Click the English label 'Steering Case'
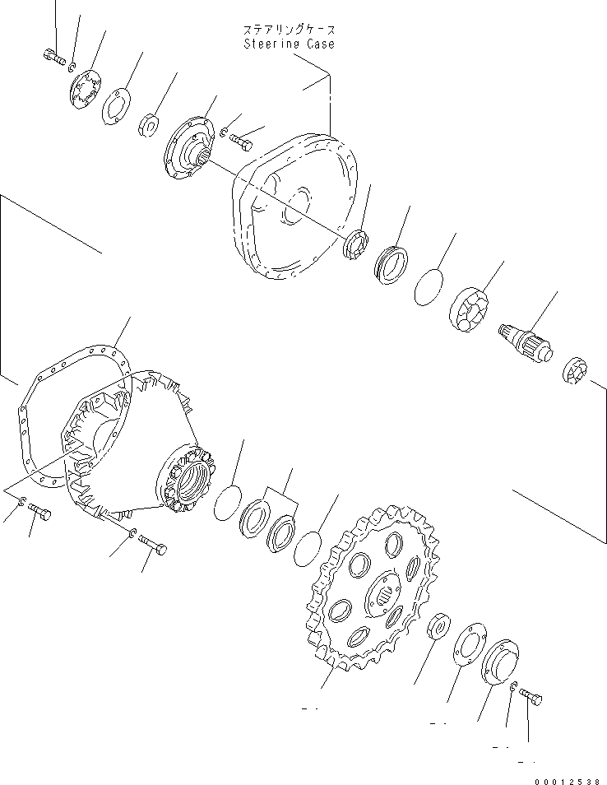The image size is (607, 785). [x=289, y=44]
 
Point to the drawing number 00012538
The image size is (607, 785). [x=568, y=781]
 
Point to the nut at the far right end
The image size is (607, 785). [x=572, y=372]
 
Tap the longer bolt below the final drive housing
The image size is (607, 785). [x=153, y=544]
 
